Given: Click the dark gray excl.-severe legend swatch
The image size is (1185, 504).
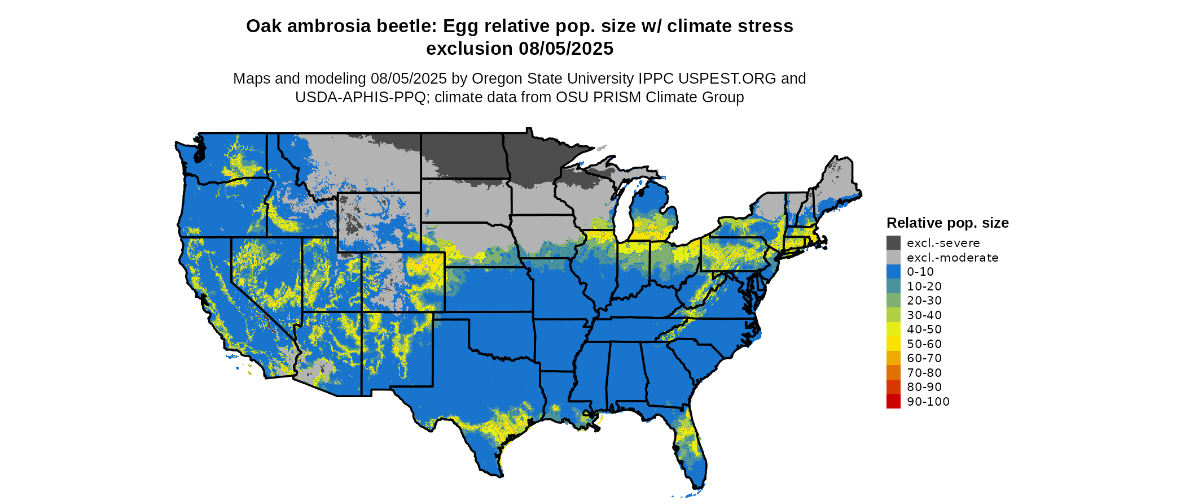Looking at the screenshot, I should click(x=893, y=243).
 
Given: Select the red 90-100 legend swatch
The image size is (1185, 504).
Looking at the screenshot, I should click(x=893, y=402).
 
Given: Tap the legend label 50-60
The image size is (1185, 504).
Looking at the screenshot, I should click(x=924, y=344).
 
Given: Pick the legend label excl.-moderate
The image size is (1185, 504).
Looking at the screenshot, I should click(x=952, y=258).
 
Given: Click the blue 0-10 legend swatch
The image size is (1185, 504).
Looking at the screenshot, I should click(x=893, y=272).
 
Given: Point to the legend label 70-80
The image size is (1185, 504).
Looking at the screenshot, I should click(x=924, y=373).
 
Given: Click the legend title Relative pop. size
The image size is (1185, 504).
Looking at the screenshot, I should click(x=947, y=223).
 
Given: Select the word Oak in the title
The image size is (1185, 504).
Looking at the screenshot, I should click(x=264, y=27).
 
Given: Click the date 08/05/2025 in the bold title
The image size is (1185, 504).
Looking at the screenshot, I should click(x=565, y=49).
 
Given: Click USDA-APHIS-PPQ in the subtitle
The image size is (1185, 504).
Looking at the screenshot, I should click(x=360, y=98).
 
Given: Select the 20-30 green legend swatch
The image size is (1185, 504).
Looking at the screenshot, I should click(x=893, y=301).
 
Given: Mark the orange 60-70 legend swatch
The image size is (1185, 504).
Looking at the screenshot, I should click(x=893, y=358).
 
